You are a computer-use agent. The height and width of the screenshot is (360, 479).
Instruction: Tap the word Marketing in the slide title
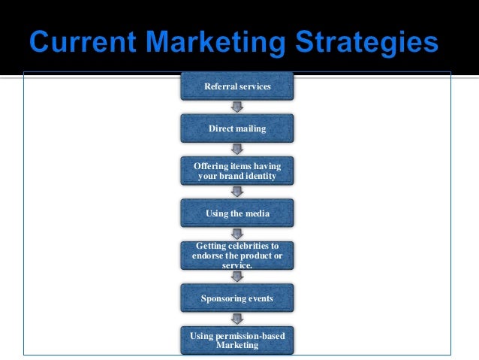(218, 41)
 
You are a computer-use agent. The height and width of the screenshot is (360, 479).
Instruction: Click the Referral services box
(237, 87)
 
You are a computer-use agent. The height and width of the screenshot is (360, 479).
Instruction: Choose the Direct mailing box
(237, 129)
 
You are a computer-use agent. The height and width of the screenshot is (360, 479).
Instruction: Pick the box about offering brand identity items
(237, 171)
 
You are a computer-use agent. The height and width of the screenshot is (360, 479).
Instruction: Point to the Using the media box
(237, 213)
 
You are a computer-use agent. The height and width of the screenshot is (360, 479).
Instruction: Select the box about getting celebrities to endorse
(237, 256)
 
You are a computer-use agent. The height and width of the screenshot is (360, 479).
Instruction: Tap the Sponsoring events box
(237, 298)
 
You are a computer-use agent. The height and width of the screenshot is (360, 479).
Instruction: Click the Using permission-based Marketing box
(237, 340)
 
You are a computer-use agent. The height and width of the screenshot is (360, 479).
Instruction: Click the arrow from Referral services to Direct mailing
(237, 107)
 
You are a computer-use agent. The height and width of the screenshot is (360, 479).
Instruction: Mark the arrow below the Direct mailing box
(237, 150)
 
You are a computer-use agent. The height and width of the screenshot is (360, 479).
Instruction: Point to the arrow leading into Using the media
(237, 192)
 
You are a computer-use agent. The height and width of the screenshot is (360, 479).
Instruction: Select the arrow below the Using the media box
(237, 234)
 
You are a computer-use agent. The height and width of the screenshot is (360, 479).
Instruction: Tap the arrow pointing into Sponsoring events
(237, 277)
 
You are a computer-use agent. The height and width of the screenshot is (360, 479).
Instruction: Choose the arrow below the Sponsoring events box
(237, 319)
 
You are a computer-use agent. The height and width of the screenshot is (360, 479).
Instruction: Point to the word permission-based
(249, 335)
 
